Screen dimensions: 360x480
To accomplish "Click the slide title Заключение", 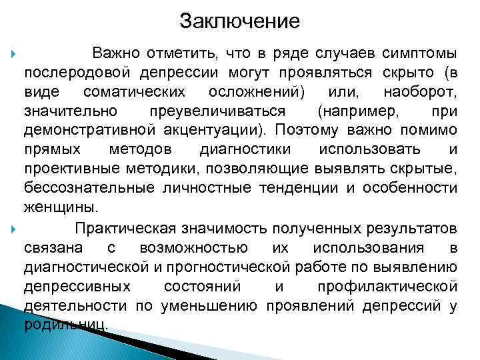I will [240, 21].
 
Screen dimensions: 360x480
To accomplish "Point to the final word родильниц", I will [64, 325].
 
